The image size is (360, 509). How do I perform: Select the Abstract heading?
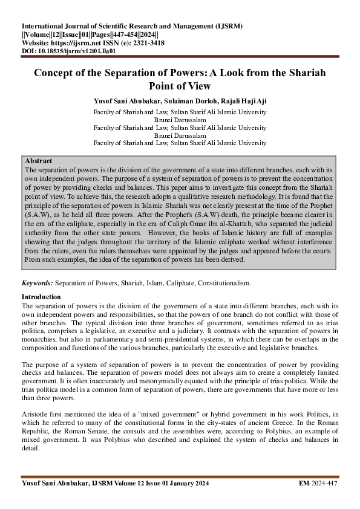tap(38, 161)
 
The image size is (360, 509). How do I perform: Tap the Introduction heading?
tap(41, 297)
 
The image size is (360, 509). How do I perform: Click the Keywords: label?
tap(37, 283)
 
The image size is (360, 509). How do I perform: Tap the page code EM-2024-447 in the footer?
tap(319, 484)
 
